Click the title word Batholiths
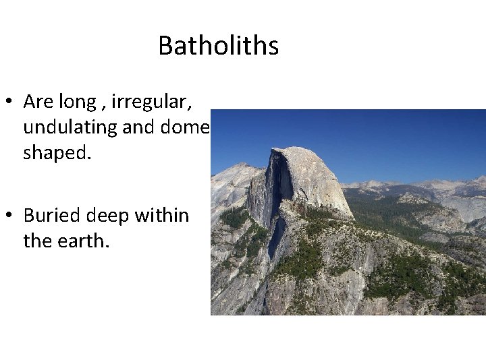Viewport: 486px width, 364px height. coord(218,46)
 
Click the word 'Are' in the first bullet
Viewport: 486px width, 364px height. coord(35,101)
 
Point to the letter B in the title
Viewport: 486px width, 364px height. coord(165,46)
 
